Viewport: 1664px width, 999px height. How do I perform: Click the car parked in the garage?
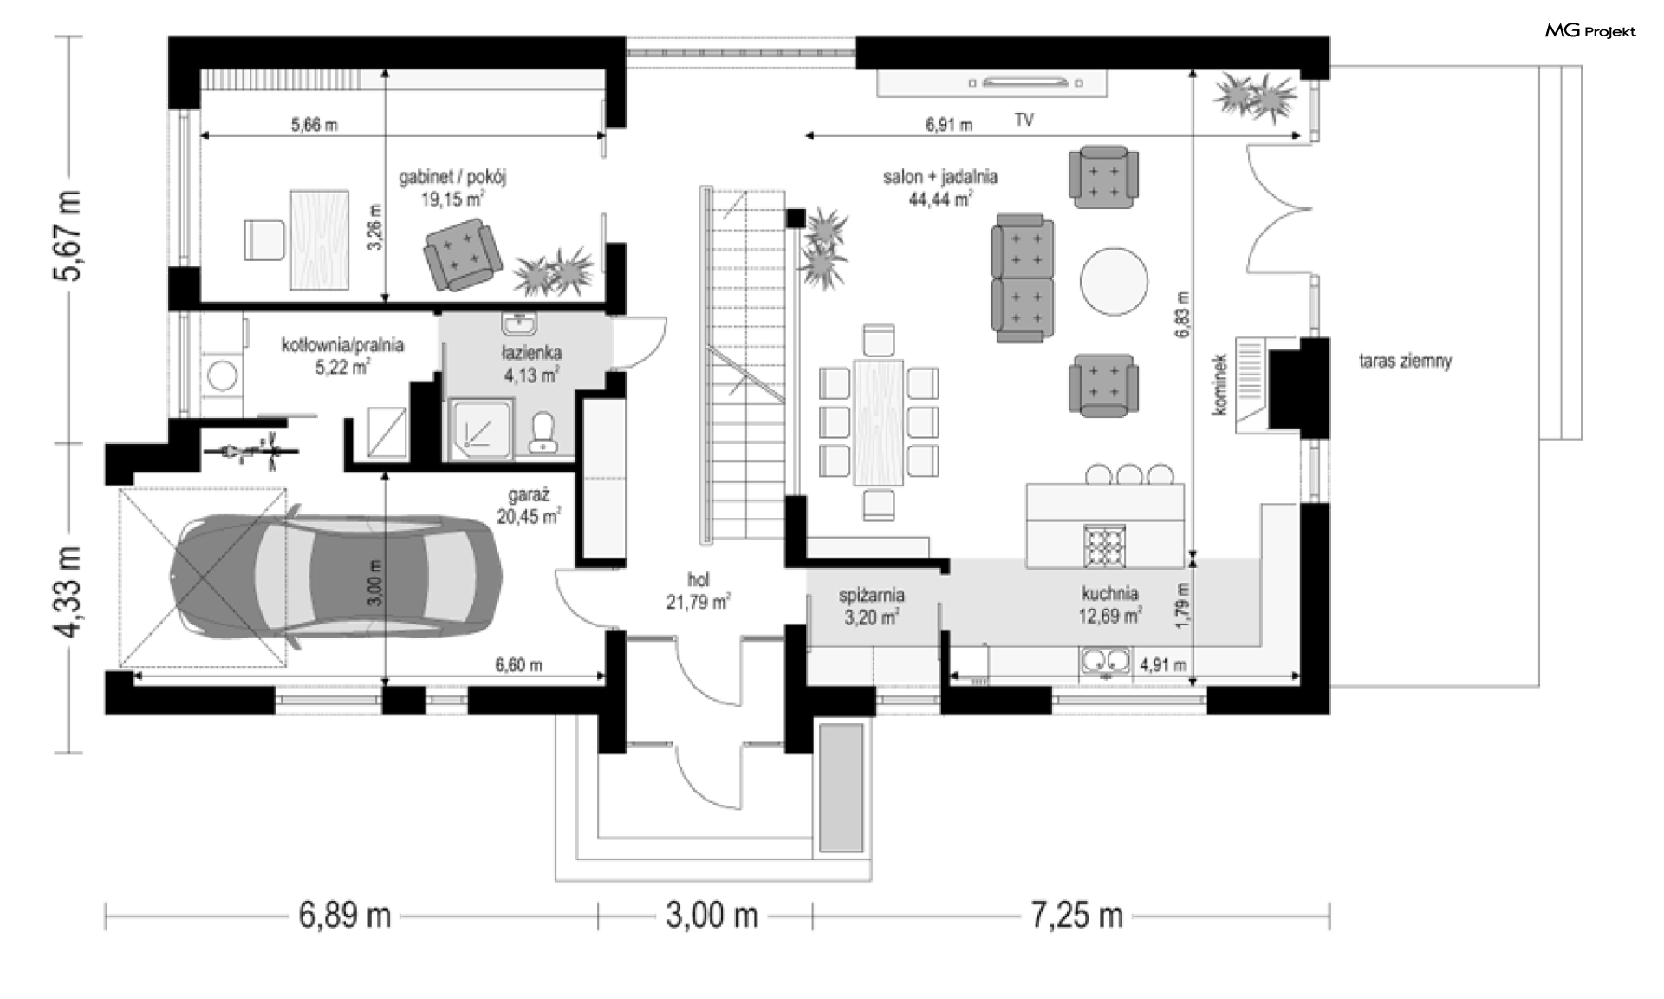tap(336, 575)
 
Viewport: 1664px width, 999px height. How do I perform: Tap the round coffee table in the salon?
tap(1114, 282)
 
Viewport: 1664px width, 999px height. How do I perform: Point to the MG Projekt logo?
tap(1590, 31)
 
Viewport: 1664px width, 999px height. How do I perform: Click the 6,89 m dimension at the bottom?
tap(345, 915)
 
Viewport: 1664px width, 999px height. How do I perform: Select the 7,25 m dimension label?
tap(1076, 915)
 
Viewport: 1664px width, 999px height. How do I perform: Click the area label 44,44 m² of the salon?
tap(940, 199)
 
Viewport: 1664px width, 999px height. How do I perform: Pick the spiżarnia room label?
tap(872, 596)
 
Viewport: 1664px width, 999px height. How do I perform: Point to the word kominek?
tap(1220, 383)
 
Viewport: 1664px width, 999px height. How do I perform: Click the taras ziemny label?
tap(1405, 362)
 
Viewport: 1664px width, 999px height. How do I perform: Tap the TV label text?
tap(1024, 120)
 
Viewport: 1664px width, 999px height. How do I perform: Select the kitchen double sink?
tap(1105, 662)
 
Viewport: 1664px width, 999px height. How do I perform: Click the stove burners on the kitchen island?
tap(1105, 545)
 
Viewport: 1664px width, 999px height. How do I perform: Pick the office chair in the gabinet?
tap(264, 239)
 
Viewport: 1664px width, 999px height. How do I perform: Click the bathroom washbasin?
tap(519, 323)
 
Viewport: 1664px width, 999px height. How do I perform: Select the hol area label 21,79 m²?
tap(698, 601)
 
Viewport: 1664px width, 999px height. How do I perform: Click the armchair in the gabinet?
tap(462, 256)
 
